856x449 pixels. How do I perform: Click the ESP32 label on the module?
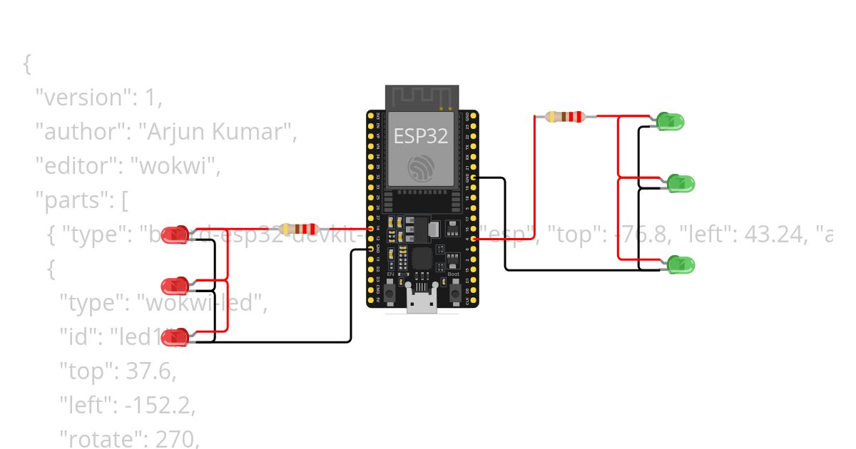(x=421, y=135)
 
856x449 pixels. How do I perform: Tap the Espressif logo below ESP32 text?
(x=421, y=167)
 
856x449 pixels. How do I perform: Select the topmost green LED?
(x=671, y=121)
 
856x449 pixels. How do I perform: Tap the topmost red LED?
(x=175, y=234)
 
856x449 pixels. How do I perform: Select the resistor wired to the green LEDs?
(x=564, y=116)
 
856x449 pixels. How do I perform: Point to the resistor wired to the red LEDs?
(x=298, y=229)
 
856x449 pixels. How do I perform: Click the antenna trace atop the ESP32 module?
(x=421, y=97)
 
